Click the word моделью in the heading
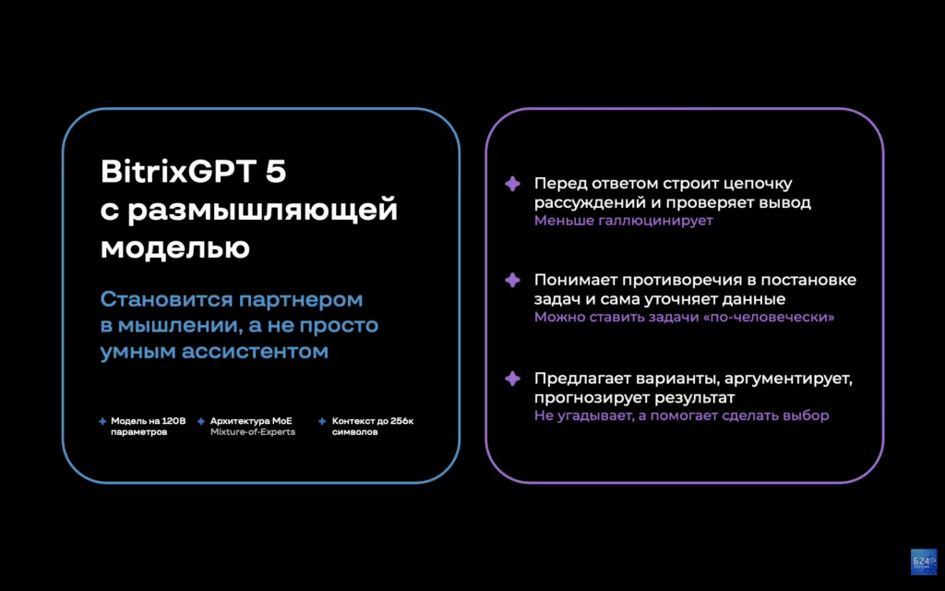point(174,247)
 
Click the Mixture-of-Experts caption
point(253,432)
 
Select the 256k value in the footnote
point(400,421)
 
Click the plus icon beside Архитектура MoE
point(201,421)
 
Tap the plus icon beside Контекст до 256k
point(322,421)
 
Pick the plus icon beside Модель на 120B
point(102,421)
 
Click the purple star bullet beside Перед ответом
point(512,184)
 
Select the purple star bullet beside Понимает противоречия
point(512,280)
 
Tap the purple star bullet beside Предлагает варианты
point(512,379)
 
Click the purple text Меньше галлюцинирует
point(623,221)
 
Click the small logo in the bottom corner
point(923,561)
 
